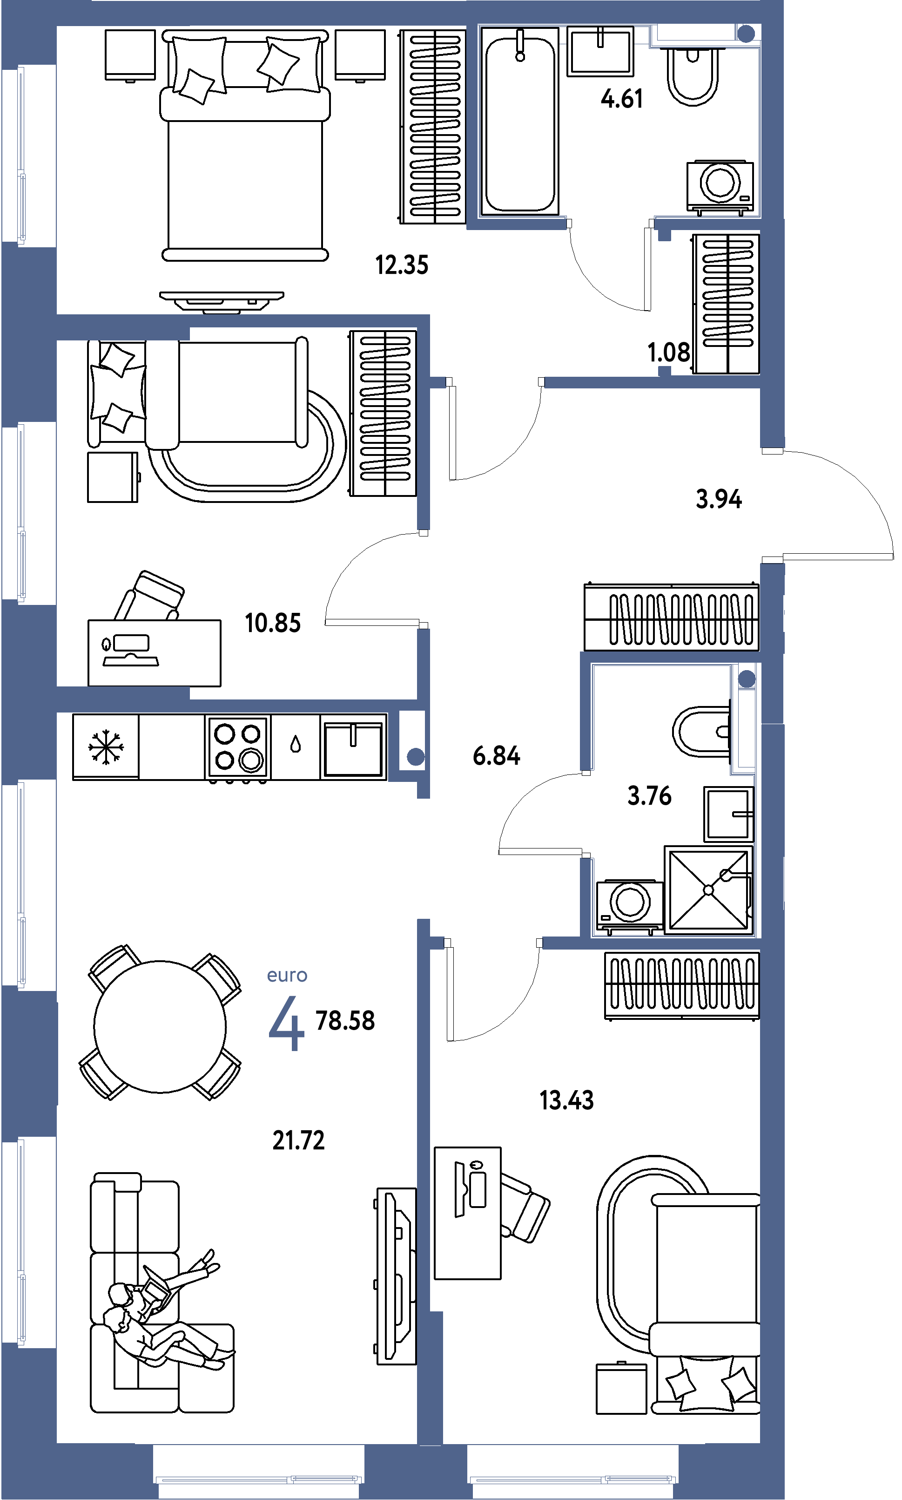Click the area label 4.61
(x=621, y=99)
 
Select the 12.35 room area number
(x=402, y=265)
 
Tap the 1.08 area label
(x=669, y=353)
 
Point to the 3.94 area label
(x=719, y=499)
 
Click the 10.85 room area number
(x=272, y=623)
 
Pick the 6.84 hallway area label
(x=496, y=756)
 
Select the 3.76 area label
(x=649, y=796)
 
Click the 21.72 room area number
(x=298, y=1140)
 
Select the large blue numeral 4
(x=286, y=1023)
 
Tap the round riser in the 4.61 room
(x=746, y=34)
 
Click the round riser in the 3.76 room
(x=747, y=679)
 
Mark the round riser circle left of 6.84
(x=416, y=757)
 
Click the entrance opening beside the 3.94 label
(x=773, y=506)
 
